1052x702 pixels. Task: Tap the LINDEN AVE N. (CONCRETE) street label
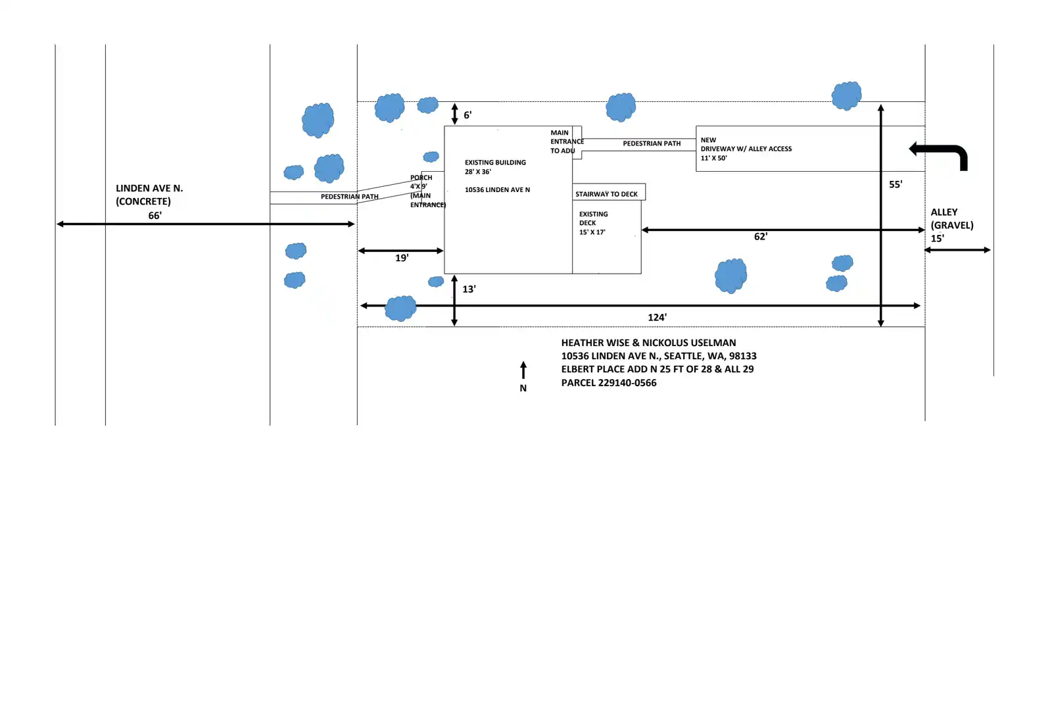click(149, 195)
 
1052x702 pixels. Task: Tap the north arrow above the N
click(523, 370)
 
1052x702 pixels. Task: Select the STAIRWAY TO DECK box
click(609, 191)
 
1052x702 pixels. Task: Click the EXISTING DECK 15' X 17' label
click(593, 223)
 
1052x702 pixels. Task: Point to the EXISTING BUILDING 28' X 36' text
click(495, 167)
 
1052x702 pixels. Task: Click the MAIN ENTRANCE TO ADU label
click(567, 141)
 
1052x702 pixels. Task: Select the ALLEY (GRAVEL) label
click(951, 218)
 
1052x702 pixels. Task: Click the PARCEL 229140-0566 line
click(609, 382)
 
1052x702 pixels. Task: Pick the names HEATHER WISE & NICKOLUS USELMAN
click(648, 343)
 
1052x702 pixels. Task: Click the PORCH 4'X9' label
click(421, 182)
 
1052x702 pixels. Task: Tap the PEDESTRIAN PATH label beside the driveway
click(652, 143)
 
